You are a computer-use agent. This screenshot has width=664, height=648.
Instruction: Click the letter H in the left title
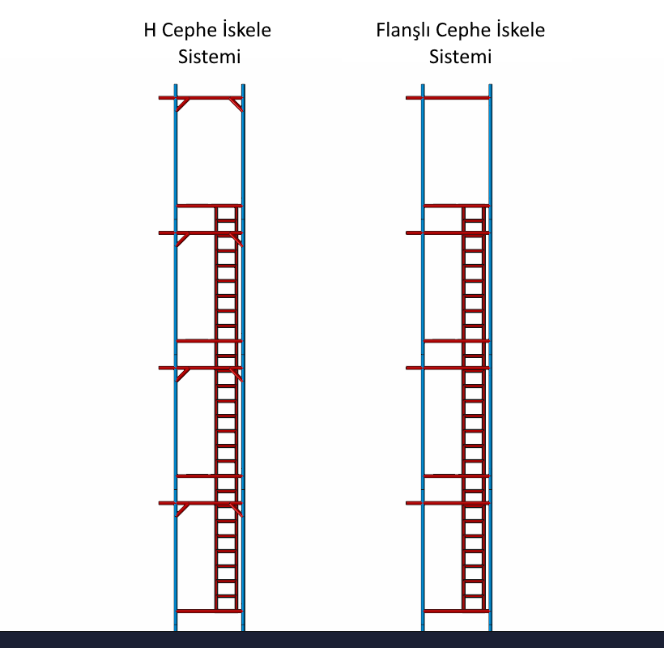150,31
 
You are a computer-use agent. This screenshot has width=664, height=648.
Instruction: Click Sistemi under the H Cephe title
209,58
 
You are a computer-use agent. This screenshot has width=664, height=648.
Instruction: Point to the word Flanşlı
403,32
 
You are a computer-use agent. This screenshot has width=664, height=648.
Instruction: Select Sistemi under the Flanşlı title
460,58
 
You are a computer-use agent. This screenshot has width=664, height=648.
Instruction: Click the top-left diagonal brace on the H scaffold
184,104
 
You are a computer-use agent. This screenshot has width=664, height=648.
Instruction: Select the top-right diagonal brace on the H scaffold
235,104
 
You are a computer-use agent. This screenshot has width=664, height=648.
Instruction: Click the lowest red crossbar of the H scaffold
209,611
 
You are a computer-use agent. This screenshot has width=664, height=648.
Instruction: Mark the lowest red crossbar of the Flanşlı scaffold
456,611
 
